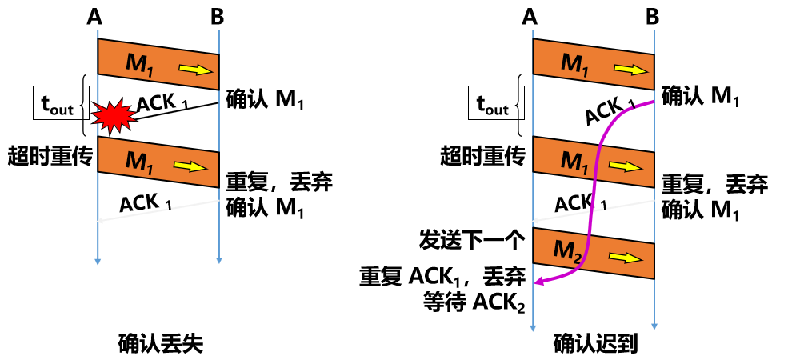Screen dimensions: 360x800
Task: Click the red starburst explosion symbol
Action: (x=114, y=116)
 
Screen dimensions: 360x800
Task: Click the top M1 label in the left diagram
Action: (x=139, y=64)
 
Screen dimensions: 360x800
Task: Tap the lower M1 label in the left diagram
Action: (x=139, y=162)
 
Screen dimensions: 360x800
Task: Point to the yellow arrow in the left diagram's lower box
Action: (x=190, y=166)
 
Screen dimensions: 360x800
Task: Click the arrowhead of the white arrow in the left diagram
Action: (x=99, y=220)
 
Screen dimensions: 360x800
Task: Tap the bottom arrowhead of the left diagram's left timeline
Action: (x=98, y=261)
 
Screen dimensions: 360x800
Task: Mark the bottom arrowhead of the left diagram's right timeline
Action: (x=218, y=260)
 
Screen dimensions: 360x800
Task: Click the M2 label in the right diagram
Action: (x=566, y=250)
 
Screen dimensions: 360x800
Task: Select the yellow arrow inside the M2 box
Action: (x=626, y=258)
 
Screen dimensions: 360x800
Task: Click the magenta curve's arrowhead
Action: (x=538, y=282)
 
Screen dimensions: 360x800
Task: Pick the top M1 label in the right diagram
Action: (x=574, y=64)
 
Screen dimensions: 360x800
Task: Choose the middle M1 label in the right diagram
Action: (x=574, y=162)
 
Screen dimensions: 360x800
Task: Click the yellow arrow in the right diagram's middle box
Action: (x=626, y=166)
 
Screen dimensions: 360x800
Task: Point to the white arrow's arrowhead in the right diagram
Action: (x=534, y=220)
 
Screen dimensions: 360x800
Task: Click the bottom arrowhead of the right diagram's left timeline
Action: (x=533, y=327)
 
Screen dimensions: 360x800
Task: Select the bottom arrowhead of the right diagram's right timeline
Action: (x=654, y=326)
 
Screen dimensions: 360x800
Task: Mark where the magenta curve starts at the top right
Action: (x=652, y=102)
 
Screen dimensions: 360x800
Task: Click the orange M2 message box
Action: (x=594, y=254)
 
